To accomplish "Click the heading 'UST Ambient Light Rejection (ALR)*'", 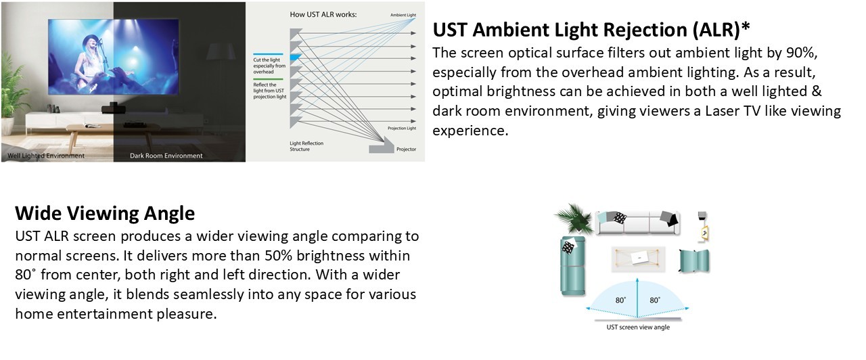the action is (591, 30).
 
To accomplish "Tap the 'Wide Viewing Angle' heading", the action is (105, 213).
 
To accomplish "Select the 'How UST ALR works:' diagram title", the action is (323, 14).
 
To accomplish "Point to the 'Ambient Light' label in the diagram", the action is (403, 15).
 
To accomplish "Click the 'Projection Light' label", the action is (402, 128).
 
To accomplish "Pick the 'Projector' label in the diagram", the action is (407, 150).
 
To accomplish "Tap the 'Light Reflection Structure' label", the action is (306, 146).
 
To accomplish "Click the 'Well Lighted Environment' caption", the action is (46, 156).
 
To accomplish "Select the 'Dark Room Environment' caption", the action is (166, 156).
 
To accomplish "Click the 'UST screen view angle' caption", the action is (638, 327).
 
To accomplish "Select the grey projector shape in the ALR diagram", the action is (382, 148).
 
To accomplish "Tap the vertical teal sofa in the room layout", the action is (572, 267).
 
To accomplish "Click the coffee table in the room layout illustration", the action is (638, 258).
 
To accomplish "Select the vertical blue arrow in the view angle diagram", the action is (637, 298).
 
